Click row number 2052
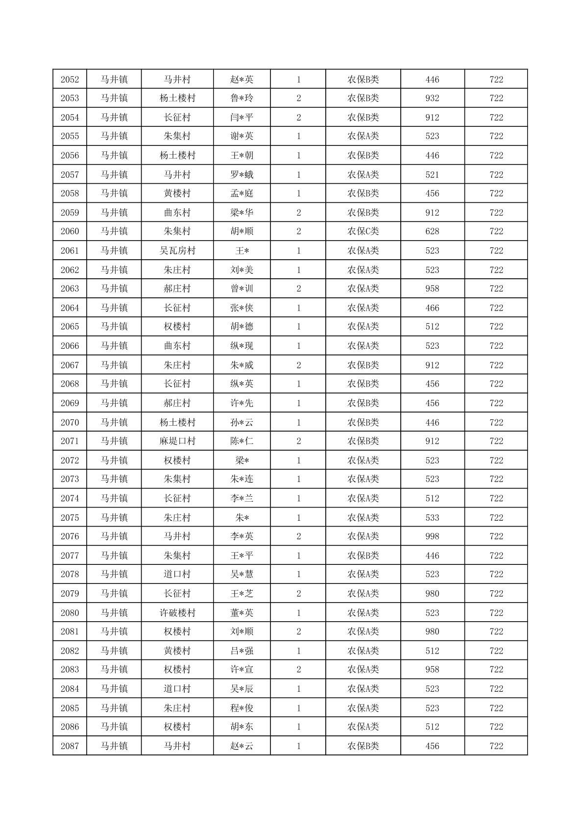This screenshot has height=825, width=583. point(70,79)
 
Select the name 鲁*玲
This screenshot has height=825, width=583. point(242,98)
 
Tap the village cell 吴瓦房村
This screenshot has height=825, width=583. point(177,250)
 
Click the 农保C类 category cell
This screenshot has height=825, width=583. point(363,231)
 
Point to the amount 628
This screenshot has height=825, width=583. point(432,231)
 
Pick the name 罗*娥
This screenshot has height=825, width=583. point(242,174)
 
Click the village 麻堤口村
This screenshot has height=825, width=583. point(177,441)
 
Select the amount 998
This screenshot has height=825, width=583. point(432,536)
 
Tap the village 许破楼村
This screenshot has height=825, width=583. point(177,612)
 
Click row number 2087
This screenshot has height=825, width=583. point(70,746)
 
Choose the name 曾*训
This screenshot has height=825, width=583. point(242,289)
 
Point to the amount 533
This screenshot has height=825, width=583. point(432,517)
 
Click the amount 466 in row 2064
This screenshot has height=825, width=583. point(432,308)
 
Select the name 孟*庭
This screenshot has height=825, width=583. point(242,193)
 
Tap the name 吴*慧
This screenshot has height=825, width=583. point(242,574)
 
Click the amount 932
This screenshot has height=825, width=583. point(432,98)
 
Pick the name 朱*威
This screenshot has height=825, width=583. point(242,365)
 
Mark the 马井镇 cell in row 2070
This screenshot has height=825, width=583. point(114,422)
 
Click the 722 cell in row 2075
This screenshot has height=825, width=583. point(496,517)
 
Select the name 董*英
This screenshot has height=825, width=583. point(242,612)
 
